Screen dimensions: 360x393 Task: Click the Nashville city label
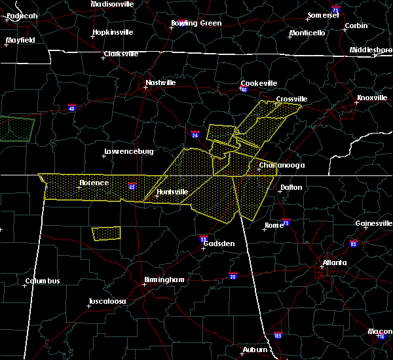(160, 83)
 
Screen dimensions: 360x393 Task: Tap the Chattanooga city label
(281, 166)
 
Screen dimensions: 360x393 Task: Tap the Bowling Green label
(196, 23)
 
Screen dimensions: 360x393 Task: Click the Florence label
(94, 183)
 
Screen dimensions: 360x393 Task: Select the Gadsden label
(219, 243)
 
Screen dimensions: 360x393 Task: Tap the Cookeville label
(259, 83)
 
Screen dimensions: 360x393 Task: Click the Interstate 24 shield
(195, 135)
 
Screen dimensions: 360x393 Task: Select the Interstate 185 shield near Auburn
(278, 335)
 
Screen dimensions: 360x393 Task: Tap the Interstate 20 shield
(233, 276)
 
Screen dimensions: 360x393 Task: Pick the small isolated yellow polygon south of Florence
(105, 233)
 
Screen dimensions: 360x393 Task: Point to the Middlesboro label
(370, 50)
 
